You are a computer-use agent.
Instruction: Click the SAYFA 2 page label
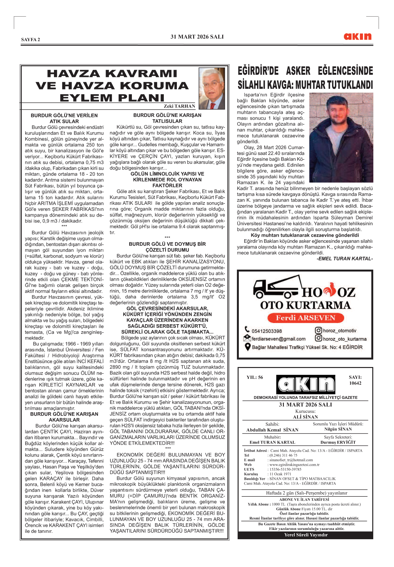(x=31, y=40)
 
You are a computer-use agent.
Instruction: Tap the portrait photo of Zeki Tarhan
(x=212, y=88)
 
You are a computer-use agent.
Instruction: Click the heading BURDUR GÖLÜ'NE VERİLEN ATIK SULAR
(x=64, y=118)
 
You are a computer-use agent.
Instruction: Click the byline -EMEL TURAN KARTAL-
(x=345, y=258)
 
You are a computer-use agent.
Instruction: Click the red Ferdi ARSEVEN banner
(x=306, y=318)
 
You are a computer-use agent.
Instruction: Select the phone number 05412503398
(x=267, y=331)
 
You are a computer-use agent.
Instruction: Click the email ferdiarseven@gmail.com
(x=278, y=339)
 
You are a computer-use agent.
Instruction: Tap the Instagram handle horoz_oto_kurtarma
(x=345, y=339)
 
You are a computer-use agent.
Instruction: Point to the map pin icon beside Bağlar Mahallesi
(x=247, y=347)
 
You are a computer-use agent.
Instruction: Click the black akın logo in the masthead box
(x=306, y=384)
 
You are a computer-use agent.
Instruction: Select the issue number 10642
(x=355, y=383)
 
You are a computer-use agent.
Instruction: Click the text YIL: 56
(x=255, y=377)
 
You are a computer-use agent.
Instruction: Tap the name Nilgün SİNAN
(x=338, y=429)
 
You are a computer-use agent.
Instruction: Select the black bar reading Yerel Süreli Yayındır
(x=306, y=535)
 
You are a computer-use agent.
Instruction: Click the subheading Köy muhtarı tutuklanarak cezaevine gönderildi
(x=305, y=235)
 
